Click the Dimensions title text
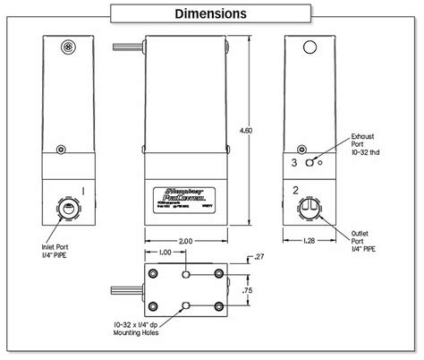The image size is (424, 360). coord(212,13)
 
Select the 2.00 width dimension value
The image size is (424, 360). coord(186,241)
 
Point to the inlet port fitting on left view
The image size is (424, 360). coord(65,207)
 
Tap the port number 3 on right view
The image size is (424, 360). coord(294,163)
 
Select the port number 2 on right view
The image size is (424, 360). coord(294,191)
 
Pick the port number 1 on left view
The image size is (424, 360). coord(83,191)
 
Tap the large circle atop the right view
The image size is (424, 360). coord(310,47)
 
